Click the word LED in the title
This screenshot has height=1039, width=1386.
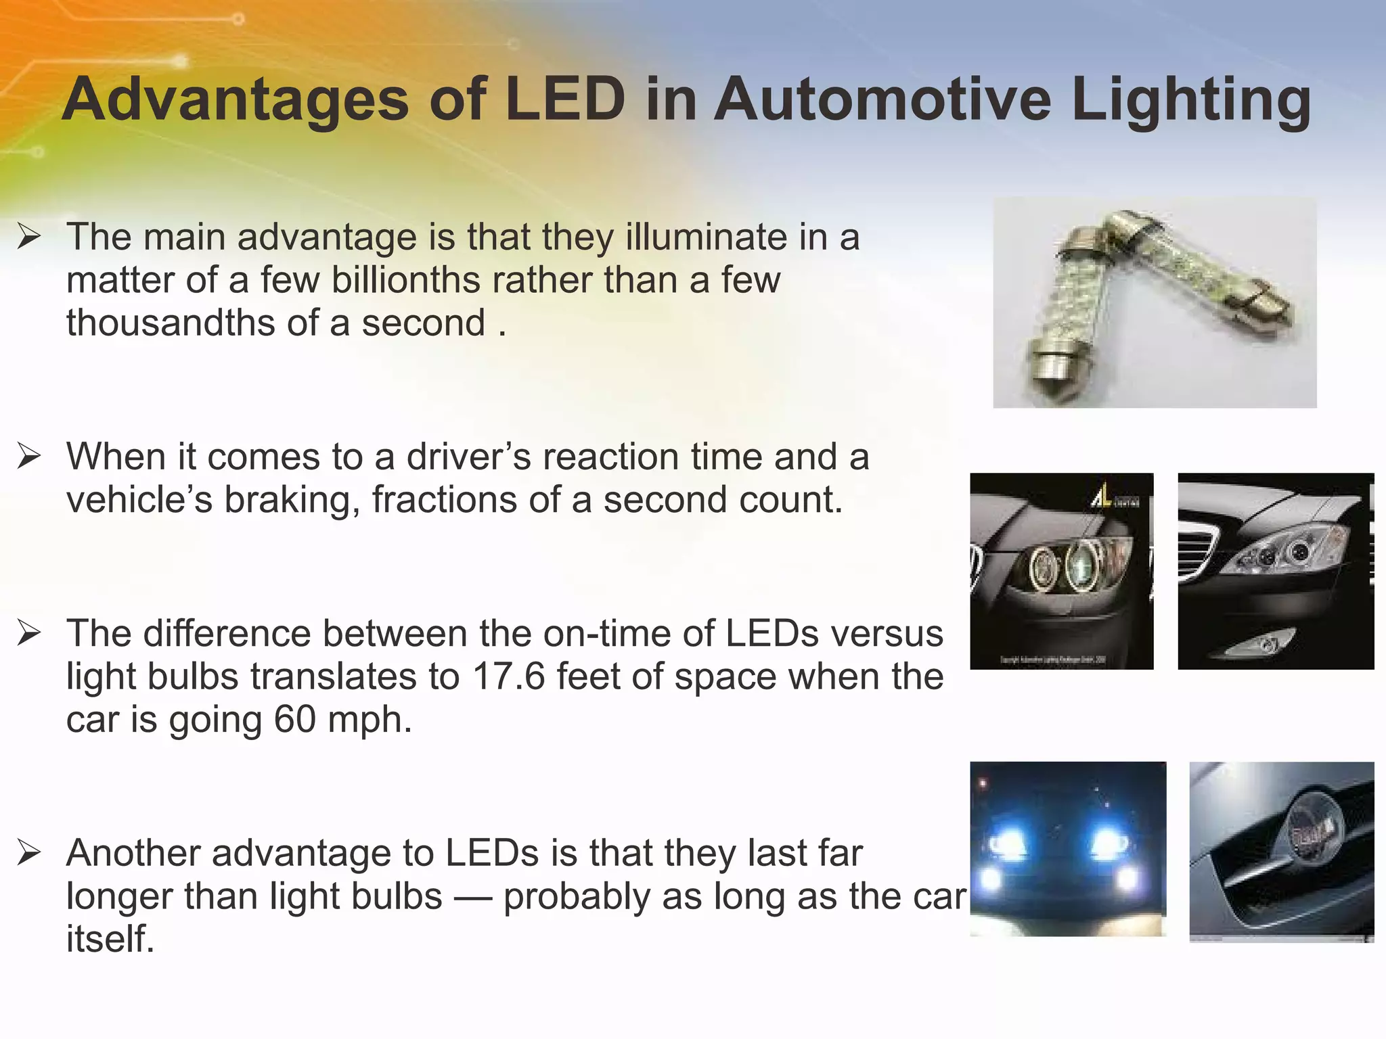[x=566, y=100]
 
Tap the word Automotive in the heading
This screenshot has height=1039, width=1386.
[x=882, y=100]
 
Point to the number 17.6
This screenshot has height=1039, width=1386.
[x=508, y=676]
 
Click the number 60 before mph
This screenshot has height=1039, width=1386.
[x=295, y=719]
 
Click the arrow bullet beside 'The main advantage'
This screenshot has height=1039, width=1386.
[x=29, y=237]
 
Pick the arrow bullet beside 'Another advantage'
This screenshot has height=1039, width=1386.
[x=29, y=852]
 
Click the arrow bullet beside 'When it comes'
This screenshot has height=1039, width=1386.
[x=29, y=457]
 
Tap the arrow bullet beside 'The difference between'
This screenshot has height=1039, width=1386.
[x=29, y=633]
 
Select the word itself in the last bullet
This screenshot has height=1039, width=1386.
[x=110, y=939]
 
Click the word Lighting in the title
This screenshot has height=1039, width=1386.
[x=1191, y=100]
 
